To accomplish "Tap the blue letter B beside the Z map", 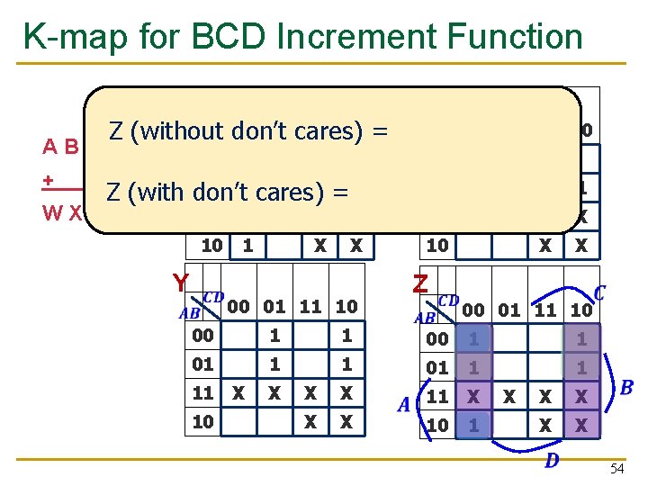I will coord(626,388).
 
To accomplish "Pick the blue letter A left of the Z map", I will coord(405,405).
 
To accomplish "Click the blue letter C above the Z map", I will coord(599,293).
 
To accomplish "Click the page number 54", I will coord(616,469).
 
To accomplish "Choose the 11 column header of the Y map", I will coord(310,307).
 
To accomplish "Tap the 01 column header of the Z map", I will coord(509,310).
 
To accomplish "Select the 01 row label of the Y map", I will coord(202,364).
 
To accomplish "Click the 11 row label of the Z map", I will coord(437,397).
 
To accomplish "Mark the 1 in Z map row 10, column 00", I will coord(473,425).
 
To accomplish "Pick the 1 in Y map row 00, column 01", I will coord(275,336).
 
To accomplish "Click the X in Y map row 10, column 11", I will coord(310,422).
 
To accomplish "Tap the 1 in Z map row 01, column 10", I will coord(581,368).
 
